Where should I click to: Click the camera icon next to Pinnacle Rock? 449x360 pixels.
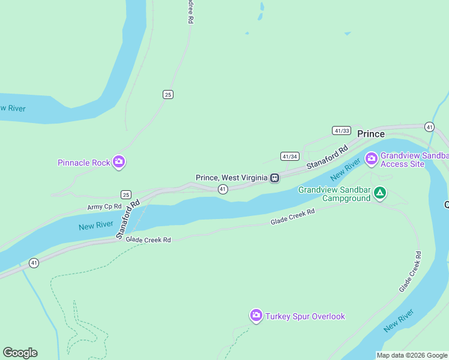pyautogui.click(x=119, y=162)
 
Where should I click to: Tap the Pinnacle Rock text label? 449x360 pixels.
pyautogui.click(x=84, y=163)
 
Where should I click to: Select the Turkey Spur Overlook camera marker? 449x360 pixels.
pyautogui.click(x=256, y=316)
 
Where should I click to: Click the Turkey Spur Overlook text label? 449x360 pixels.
pyautogui.click(x=306, y=316)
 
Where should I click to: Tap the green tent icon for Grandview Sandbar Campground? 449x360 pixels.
pyautogui.click(x=379, y=193)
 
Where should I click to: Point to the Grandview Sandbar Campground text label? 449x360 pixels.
pyautogui.click(x=334, y=194)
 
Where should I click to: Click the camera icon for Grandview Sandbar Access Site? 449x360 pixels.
pyautogui.click(x=372, y=158)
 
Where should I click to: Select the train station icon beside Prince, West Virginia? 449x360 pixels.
pyautogui.click(x=274, y=178)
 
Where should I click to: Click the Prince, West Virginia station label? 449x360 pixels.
pyautogui.click(x=231, y=178)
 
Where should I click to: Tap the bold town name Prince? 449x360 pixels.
pyautogui.click(x=371, y=134)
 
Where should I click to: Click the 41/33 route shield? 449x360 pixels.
pyautogui.click(x=341, y=130)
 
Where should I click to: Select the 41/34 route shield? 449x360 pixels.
pyautogui.click(x=289, y=156)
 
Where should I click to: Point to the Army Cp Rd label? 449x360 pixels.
pyautogui.click(x=104, y=206)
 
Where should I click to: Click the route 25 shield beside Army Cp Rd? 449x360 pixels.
pyautogui.click(x=125, y=194)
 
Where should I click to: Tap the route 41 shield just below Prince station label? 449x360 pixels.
pyautogui.click(x=223, y=189)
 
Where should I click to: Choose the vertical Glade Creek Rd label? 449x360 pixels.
pyautogui.click(x=410, y=272)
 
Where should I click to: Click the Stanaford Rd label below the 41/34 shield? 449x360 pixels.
pyautogui.click(x=327, y=158)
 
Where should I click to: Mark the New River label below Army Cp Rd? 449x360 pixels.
pyautogui.click(x=96, y=226)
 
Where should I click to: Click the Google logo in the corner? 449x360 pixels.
pyautogui.click(x=20, y=352)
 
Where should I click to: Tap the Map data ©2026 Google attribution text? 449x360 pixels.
pyautogui.click(x=412, y=355)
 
